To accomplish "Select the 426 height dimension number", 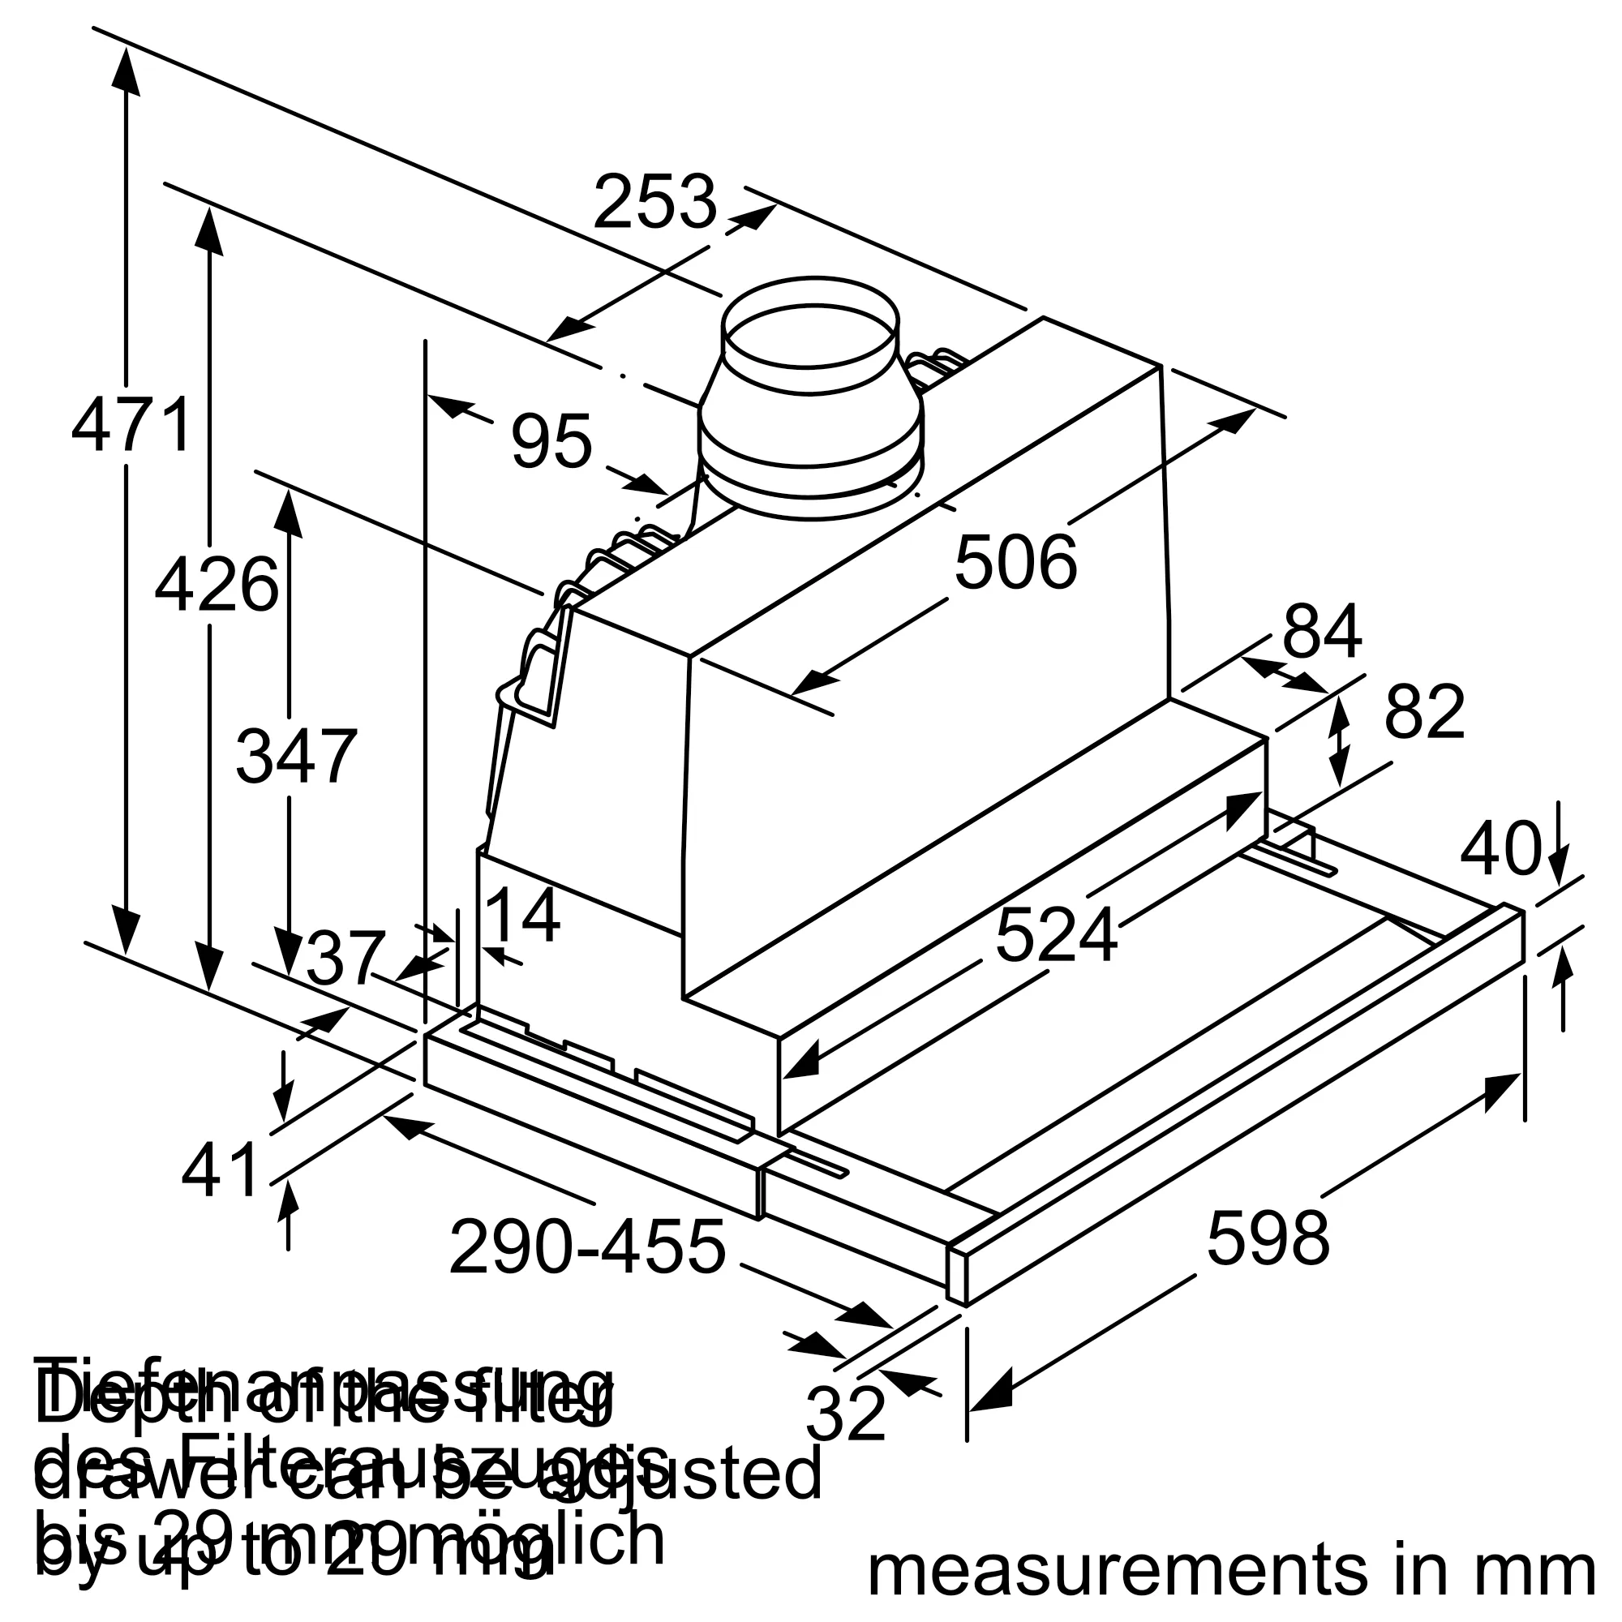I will pyautogui.click(x=216, y=586).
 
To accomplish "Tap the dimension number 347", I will pyautogui.click(x=296, y=757).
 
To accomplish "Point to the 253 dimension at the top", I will pyautogui.click(x=654, y=202).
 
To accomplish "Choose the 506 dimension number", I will pyautogui.click(x=1015, y=564).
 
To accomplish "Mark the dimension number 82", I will pyautogui.click(x=1425, y=712).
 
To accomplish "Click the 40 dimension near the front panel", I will pyautogui.click(x=1500, y=849).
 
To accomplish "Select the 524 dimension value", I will pyautogui.click(x=1056, y=935).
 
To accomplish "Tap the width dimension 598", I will pyautogui.click(x=1268, y=1238).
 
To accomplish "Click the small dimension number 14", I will pyautogui.click(x=522, y=916).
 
